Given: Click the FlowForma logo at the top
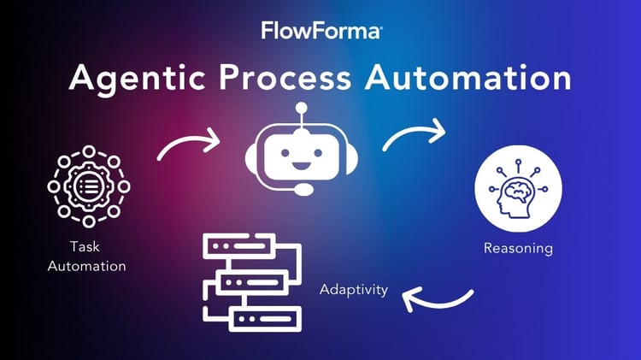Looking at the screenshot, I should [320, 31].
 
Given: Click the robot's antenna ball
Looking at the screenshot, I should [301, 109].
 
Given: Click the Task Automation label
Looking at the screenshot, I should [87, 257].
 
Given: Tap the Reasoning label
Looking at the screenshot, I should [518, 249].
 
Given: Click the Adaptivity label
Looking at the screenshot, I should [354, 289].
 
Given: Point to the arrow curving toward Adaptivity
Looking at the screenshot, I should [438, 301].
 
